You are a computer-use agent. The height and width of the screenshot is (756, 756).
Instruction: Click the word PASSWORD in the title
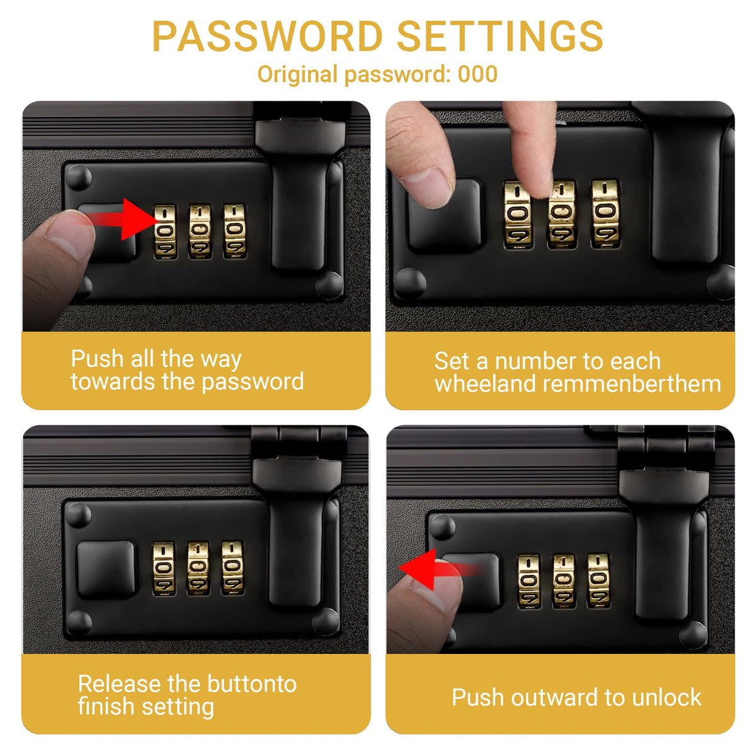tap(267, 36)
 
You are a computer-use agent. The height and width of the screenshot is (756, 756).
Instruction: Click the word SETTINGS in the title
tap(500, 36)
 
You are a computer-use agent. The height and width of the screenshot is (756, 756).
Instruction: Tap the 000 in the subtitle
tap(478, 74)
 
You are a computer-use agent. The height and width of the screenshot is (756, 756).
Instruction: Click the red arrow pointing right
tap(120, 219)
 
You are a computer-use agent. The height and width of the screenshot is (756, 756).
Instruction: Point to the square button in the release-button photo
tap(106, 570)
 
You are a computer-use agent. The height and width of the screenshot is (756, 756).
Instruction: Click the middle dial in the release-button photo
tap(198, 568)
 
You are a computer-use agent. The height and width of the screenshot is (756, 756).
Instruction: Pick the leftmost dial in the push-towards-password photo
tap(165, 232)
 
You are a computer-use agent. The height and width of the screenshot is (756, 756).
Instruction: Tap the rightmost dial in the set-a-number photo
tap(605, 214)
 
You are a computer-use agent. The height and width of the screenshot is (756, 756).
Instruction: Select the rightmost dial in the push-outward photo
tap(598, 581)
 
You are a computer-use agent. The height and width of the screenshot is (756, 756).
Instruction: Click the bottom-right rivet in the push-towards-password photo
tap(329, 285)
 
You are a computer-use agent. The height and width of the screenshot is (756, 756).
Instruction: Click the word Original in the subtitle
tap(297, 75)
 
